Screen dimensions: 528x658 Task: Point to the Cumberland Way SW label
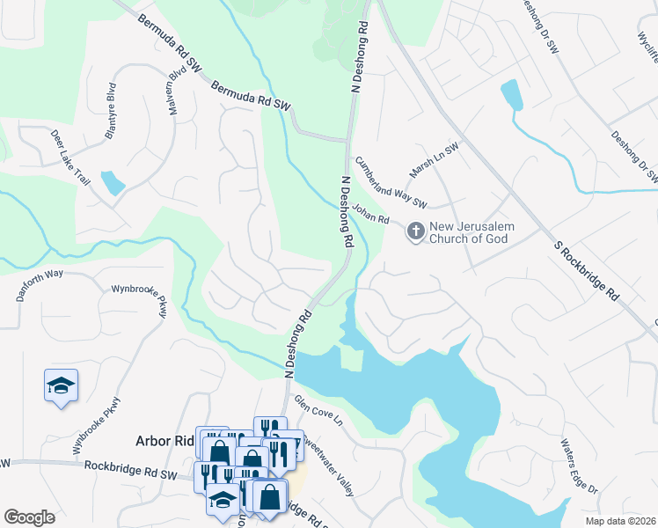[x=390, y=183]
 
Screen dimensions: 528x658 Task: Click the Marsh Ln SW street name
[x=434, y=161]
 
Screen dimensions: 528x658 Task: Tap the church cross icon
[x=415, y=231]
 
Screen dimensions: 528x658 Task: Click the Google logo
[x=29, y=517]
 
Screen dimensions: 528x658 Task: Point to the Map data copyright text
[x=621, y=521]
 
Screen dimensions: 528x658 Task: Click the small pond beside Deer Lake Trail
[x=113, y=182]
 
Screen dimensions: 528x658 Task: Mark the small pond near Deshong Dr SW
[x=511, y=95]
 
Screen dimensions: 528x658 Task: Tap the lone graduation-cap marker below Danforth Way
[x=61, y=385]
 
